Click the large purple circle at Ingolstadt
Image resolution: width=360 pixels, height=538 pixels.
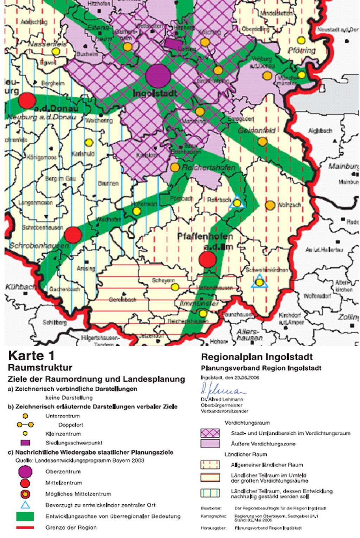[x=158, y=76]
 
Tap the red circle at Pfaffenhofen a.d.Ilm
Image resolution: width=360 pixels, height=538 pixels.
[x=207, y=260]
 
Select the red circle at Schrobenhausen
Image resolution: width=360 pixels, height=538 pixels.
[x=73, y=235]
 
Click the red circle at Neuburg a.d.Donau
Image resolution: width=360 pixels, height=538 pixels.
[x=27, y=101]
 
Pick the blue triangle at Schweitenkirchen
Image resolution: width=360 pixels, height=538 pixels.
[x=259, y=282]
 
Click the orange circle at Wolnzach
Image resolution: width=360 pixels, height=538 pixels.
[x=270, y=205]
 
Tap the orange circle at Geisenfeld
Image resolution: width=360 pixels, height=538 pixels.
[x=262, y=142]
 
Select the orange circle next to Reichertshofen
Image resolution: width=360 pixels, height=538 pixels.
[x=175, y=167]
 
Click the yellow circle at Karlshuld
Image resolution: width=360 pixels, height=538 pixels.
[x=89, y=143]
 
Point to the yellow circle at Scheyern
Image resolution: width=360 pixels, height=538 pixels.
[x=175, y=287]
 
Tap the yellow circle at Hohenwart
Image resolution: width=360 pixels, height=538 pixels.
[x=137, y=211]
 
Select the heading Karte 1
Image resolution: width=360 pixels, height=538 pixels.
[x=31, y=356]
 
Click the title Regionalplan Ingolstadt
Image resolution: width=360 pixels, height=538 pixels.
[x=257, y=357]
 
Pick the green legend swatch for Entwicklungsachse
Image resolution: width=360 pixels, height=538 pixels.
[x=25, y=516]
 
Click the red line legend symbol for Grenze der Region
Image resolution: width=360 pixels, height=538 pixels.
[x=25, y=527]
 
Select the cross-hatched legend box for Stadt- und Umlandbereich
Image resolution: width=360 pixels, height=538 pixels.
[x=210, y=433]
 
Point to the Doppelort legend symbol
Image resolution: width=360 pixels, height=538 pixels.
[x=25, y=425]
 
